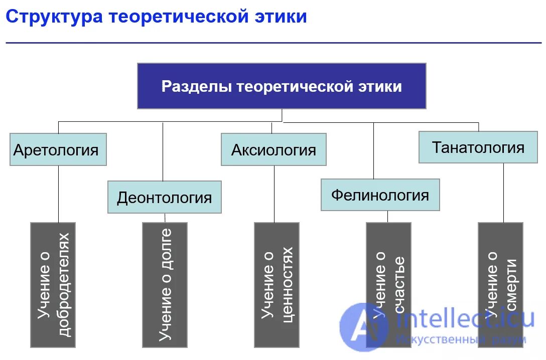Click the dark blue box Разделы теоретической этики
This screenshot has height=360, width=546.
pos(282,86)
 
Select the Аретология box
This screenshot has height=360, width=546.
pos(58,149)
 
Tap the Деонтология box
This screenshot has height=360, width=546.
pos(164,197)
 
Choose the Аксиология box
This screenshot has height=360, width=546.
pos(274,149)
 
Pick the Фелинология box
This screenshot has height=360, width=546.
pos(380,195)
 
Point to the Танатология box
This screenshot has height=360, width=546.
pos(478,147)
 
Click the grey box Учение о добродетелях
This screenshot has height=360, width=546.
pos(53,285)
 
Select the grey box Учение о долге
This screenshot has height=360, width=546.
pos(165,285)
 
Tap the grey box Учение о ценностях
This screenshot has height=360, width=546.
pos(277,285)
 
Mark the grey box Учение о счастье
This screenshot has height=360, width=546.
pos(388,271)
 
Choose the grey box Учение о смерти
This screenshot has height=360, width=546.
pos(500,271)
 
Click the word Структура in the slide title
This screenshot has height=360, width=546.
pos(55,17)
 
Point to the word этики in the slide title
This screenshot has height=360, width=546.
pos(279,17)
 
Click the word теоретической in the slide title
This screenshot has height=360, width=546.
pos(178,17)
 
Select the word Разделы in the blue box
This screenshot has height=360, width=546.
pos(196,86)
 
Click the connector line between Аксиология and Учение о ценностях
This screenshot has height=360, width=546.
pos(274,194)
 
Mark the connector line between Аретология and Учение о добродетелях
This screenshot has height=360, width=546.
pos(58,194)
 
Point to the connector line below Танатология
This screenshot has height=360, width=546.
pos(503,193)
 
